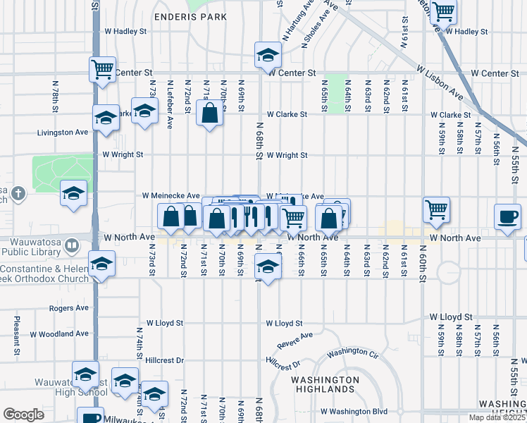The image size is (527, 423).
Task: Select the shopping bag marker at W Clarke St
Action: (210, 113)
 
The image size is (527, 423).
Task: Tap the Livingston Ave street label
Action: (63, 132)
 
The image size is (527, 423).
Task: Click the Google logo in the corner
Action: (23, 415)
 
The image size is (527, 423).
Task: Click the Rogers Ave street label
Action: (69, 308)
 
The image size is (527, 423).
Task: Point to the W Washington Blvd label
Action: (354, 411)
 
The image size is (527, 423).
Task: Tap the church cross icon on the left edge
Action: (18, 192)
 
